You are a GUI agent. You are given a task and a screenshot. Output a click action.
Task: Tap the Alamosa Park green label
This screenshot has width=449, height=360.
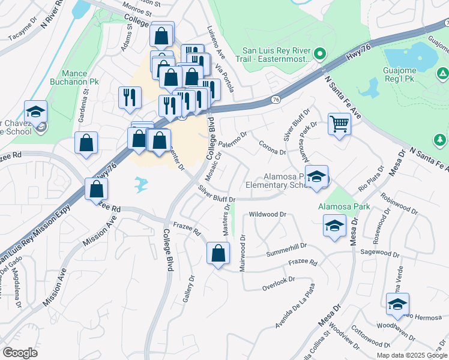pyautogui.click(x=344, y=206)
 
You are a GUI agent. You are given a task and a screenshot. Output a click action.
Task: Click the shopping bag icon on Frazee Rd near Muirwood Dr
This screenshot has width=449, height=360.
pyautogui.click(x=218, y=253)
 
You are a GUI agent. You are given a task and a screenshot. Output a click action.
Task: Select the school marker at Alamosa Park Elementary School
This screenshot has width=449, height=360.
pyautogui.click(x=316, y=177)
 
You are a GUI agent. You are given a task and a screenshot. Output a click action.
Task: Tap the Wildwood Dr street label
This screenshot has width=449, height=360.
pyautogui.click(x=268, y=214)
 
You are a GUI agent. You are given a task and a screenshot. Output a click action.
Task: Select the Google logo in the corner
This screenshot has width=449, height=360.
pyautogui.click(x=20, y=353)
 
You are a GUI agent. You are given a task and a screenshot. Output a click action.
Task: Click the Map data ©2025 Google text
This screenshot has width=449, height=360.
pyautogui.click(x=411, y=355)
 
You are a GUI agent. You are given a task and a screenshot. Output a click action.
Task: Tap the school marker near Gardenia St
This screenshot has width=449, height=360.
pyautogui.click(x=35, y=111)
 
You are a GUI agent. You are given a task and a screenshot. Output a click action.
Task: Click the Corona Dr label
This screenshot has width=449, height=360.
pyautogui.click(x=272, y=148)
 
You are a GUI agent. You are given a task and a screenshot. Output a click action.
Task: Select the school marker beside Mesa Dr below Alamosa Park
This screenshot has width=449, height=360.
pyautogui.click(x=334, y=226)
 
